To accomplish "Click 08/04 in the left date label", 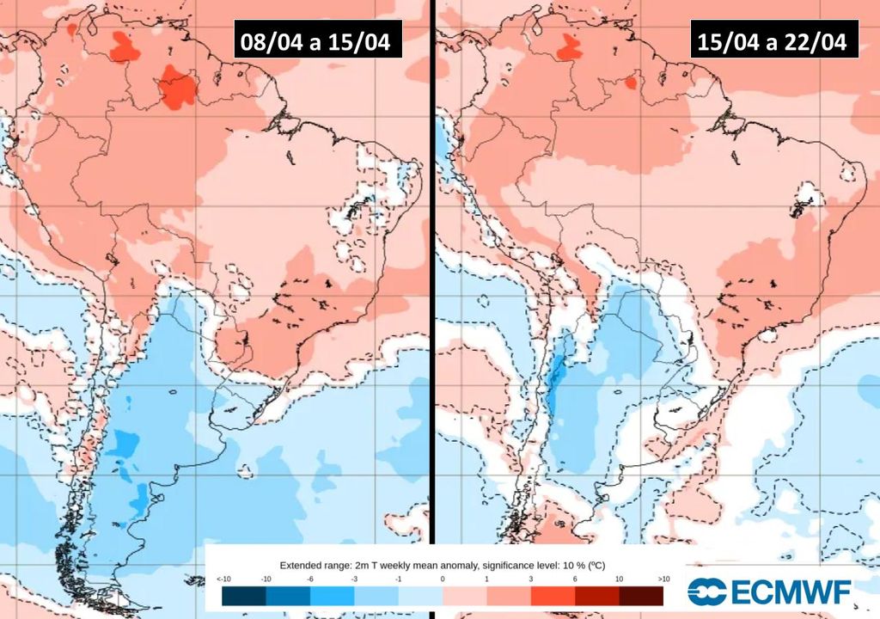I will point(269,43).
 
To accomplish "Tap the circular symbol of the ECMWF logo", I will point(706,591).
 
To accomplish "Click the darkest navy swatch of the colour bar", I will point(243,595).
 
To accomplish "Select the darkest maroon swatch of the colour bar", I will point(641,595).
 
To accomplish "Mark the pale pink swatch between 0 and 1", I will point(464,595).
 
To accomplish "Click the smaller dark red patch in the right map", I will point(630,83).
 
